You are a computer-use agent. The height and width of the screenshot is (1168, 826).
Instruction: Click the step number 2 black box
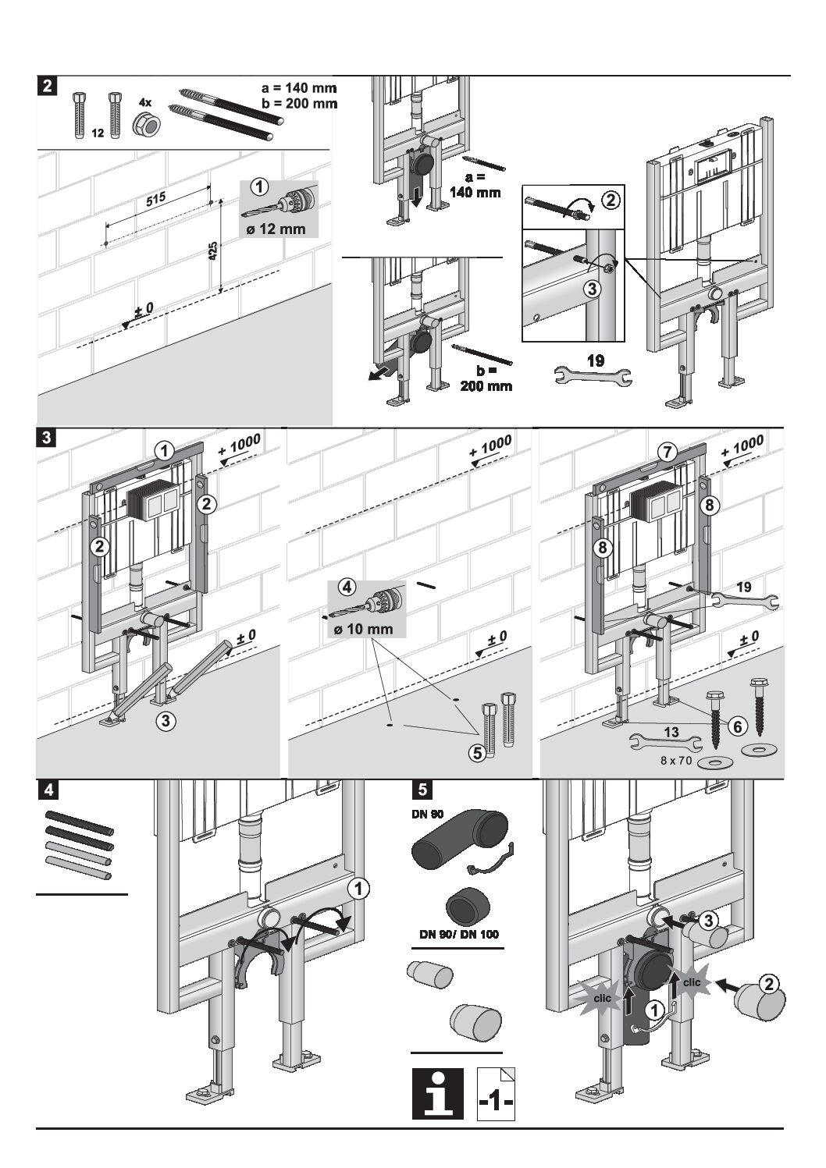48,86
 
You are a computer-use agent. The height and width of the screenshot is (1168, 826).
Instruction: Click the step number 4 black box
48,790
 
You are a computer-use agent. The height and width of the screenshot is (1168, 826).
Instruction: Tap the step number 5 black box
422,790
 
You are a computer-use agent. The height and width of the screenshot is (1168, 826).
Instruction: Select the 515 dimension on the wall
155,200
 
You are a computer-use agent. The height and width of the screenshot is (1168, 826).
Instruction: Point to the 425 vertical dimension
214,250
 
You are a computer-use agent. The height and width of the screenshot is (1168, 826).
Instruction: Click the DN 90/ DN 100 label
455,934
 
